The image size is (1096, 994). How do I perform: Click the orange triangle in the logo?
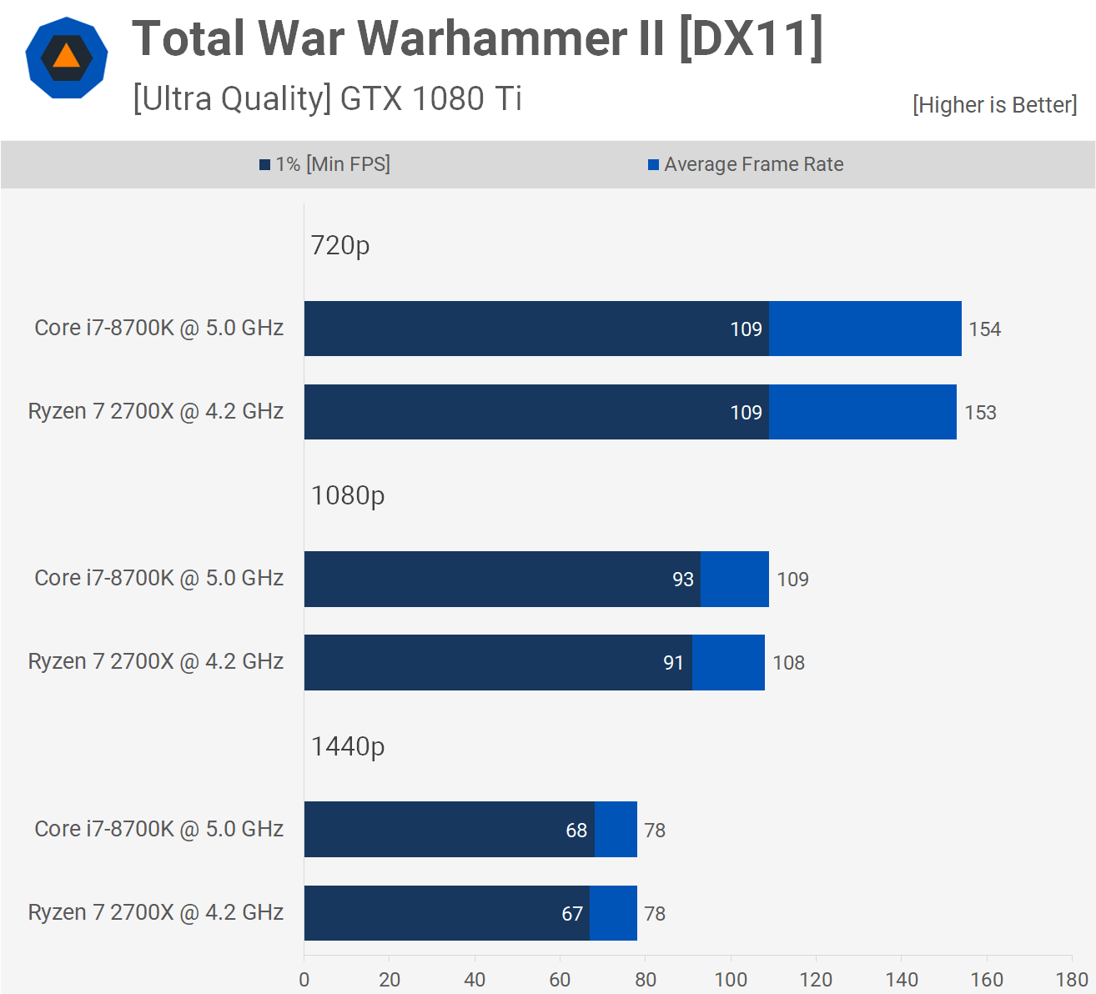coord(66,58)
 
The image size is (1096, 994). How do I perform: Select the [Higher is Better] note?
coord(994,105)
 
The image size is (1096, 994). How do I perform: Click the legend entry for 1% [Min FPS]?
coord(324,164)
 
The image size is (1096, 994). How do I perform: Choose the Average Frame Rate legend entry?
coord(746,164)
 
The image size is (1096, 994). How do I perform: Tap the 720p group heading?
coord(340,245)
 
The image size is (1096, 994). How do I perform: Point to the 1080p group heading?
coord(348,495)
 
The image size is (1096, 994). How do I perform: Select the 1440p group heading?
coord(348,746)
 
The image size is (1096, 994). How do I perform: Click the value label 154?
coord(984,329)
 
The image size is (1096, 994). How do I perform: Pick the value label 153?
coord(980,413)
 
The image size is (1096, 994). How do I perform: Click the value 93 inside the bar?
coord(683,580)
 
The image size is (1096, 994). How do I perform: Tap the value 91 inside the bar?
coord(673,663)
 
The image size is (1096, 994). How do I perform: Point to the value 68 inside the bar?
coord(576,831)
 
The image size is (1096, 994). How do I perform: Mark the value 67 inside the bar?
coord(572,914)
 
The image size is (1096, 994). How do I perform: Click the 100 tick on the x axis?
coord(731,980)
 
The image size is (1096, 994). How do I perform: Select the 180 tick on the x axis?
coord(1072,980)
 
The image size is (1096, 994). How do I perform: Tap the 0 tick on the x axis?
coord(304,980)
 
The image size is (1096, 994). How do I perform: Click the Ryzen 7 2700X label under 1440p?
coord(156,912)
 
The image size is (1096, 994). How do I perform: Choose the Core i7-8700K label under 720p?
coord(158,328)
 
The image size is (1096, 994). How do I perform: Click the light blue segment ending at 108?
coord(728,663)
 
